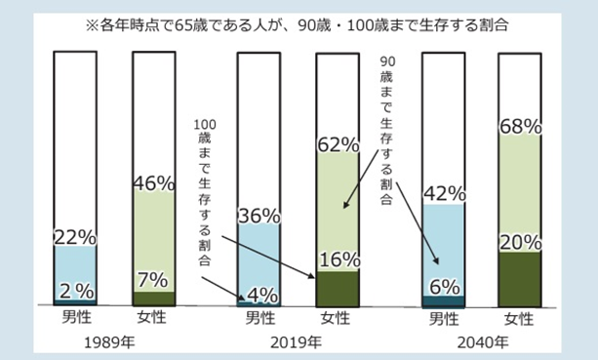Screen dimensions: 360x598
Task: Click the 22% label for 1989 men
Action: coord(74,236)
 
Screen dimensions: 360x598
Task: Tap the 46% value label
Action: coord(153,182)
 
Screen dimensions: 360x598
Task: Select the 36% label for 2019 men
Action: coord(259,216)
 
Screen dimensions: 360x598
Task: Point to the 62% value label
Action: coord(338,145)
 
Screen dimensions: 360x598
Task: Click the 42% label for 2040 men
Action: coord(443,194)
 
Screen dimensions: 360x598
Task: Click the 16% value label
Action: coord(338,260)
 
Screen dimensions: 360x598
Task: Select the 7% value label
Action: coord(153,279)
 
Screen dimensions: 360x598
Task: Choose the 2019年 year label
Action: coord(298,342)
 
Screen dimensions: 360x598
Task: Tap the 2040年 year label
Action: coord(483,342)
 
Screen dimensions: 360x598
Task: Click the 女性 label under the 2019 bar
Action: coord(337,319)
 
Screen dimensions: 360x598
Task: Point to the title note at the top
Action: coord(298,20)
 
